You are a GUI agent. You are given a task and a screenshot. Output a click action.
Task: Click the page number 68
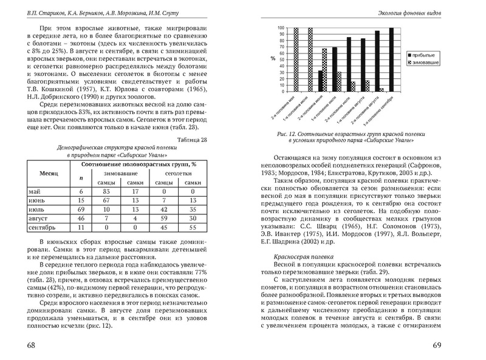(28, 345)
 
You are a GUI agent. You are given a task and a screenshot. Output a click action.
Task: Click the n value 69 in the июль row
(80, 209)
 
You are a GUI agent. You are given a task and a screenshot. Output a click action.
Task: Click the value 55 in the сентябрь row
(192, 226)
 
